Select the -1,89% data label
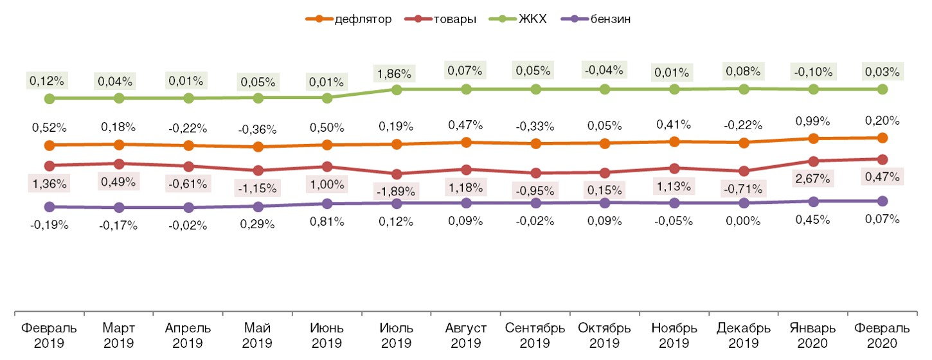[x=397, y=191]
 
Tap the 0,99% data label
[x=813, y=121]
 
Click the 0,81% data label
[x=327, y=221]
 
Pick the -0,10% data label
[x=813, y=71]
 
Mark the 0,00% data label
[x=744, y=221]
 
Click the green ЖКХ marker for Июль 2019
[x=397, y=89]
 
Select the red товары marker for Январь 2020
[x=813, y=161]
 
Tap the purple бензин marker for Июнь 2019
[x=327, y=204]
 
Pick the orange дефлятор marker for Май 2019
[x=258, y=147]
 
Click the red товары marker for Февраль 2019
[x=49, y=165]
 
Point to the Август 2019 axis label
[x=466, y=334]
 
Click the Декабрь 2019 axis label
[x=744, y=334]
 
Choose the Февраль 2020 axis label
[x=883, y=334]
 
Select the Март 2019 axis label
[x=118, y=334]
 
